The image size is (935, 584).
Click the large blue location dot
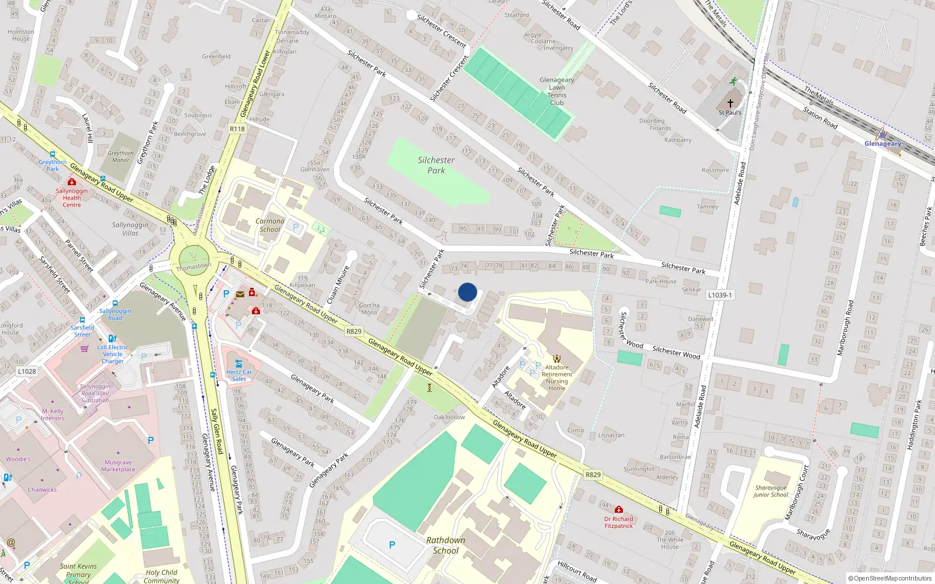467,292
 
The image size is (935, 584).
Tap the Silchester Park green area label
436,165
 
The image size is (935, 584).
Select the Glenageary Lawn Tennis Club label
556,91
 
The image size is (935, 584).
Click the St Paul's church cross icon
730,103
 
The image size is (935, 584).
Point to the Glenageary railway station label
882,144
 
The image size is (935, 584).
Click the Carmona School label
270,225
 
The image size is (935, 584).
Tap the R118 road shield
237,129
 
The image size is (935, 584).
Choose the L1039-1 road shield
720,295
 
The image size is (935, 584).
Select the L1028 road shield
27,371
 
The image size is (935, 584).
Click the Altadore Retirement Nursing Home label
557,378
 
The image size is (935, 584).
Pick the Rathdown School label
446,545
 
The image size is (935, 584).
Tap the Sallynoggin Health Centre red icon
72,182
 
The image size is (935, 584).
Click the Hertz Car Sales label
239,376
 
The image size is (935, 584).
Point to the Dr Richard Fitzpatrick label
619,522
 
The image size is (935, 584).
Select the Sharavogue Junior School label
770,491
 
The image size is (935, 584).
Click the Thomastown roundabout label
194,266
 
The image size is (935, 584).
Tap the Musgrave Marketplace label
118,466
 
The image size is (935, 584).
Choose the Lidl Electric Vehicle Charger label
113,354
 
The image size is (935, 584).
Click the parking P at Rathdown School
392,545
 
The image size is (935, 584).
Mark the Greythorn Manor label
120,157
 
